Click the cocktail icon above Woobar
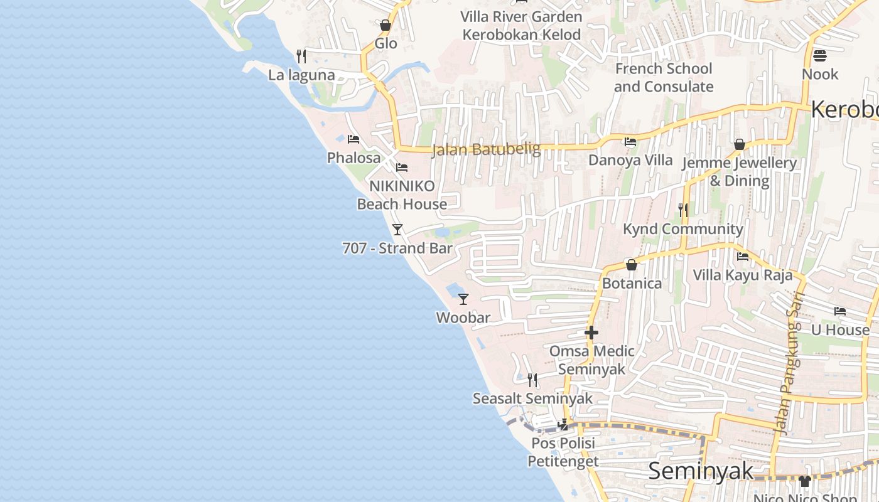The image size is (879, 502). click(463, 299)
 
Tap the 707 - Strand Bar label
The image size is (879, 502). click(397, 248)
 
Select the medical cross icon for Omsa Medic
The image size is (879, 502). click(591, 333)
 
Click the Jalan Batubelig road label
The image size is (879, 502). click(486, 149)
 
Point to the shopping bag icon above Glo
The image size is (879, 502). click(386, 26)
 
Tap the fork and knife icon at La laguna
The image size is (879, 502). click(301, 56)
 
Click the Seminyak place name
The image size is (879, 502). click(700, 471)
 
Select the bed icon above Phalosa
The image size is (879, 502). click(353, 139)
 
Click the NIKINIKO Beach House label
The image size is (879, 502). click(402, 195)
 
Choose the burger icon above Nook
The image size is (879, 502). click(820, 56)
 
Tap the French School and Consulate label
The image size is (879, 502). click(664, 77)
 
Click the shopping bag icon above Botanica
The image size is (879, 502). click(632, 265)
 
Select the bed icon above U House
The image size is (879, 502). click(840, 311)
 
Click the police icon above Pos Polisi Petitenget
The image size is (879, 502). click(563, 425)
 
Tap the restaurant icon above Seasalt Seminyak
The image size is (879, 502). click(532, 380)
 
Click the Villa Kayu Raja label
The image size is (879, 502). click(742, 275)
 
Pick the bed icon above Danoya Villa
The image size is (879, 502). click(630, 142)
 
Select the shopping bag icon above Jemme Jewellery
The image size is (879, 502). click(740, 145)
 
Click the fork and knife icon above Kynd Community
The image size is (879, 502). click(683, 210)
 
